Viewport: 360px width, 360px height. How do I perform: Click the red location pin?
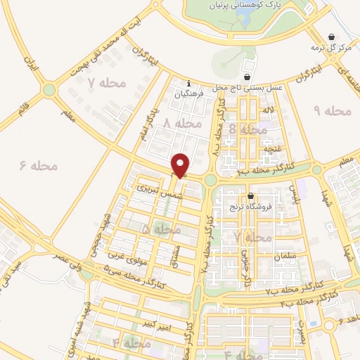181,165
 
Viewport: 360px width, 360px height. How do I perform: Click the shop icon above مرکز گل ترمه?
332,37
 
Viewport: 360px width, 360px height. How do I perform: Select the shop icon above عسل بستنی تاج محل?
247,77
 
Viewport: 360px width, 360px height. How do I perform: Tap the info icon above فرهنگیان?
188,83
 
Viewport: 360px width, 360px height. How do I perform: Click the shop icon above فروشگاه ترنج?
249,196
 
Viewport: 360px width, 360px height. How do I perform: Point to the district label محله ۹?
331,110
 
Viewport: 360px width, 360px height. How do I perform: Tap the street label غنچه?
272,149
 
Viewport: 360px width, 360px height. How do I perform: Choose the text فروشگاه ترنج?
248,208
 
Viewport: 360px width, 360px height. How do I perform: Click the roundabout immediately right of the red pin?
210,180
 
